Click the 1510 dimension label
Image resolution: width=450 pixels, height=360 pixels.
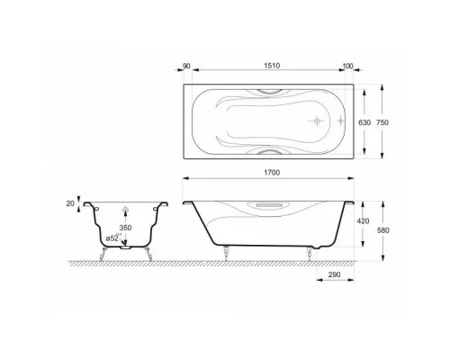[x=272, y=66]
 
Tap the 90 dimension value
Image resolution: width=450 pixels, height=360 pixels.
[x=186, y=66]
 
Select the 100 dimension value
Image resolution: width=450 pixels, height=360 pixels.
[x=347, y=66]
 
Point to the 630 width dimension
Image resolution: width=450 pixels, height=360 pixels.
[x=364, y=122]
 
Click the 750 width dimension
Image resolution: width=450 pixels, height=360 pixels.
[x=382, y=122]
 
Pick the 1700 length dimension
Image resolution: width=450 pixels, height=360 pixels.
[x=272, y=173]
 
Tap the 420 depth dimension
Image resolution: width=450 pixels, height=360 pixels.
[x=363, y=221]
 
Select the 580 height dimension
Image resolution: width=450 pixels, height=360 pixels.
[x=383, y=230]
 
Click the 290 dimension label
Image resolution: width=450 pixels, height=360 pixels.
[x=334, y=274]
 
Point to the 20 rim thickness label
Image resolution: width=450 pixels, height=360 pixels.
[x=70, y=203]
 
